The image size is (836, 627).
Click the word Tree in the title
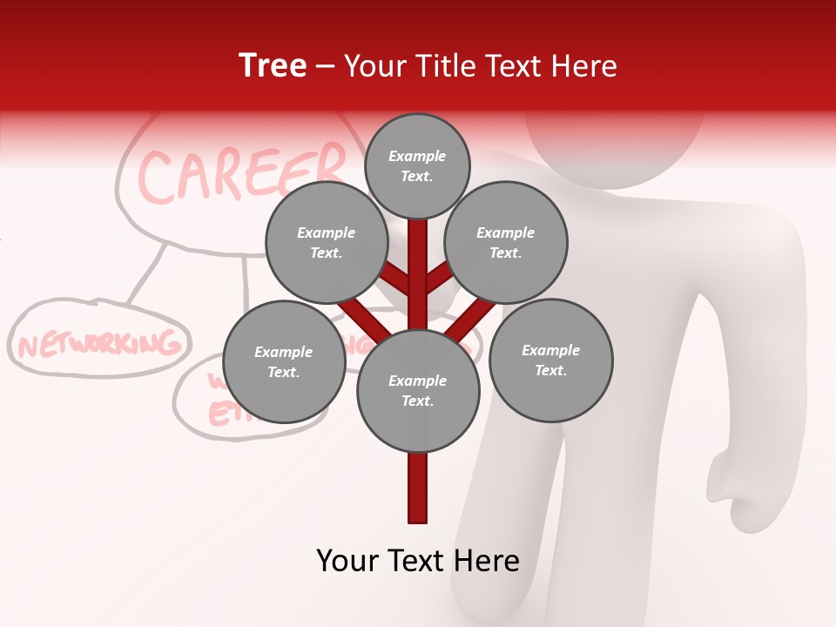click(x=273, y=66)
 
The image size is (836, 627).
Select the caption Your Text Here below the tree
click(x=418, y=561)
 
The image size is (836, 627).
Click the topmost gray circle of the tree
click(x=417, y=165)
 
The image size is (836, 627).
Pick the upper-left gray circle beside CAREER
click(x=326, y=243)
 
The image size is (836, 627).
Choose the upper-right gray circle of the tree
click(x=506, y=243)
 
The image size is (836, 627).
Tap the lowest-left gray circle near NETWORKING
click(x=284, y=362)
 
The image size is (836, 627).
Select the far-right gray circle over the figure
click(x=551, y=361)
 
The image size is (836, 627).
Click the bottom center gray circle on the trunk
click(x=418, y=391)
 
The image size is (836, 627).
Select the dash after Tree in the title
click(x=325, y=66)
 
